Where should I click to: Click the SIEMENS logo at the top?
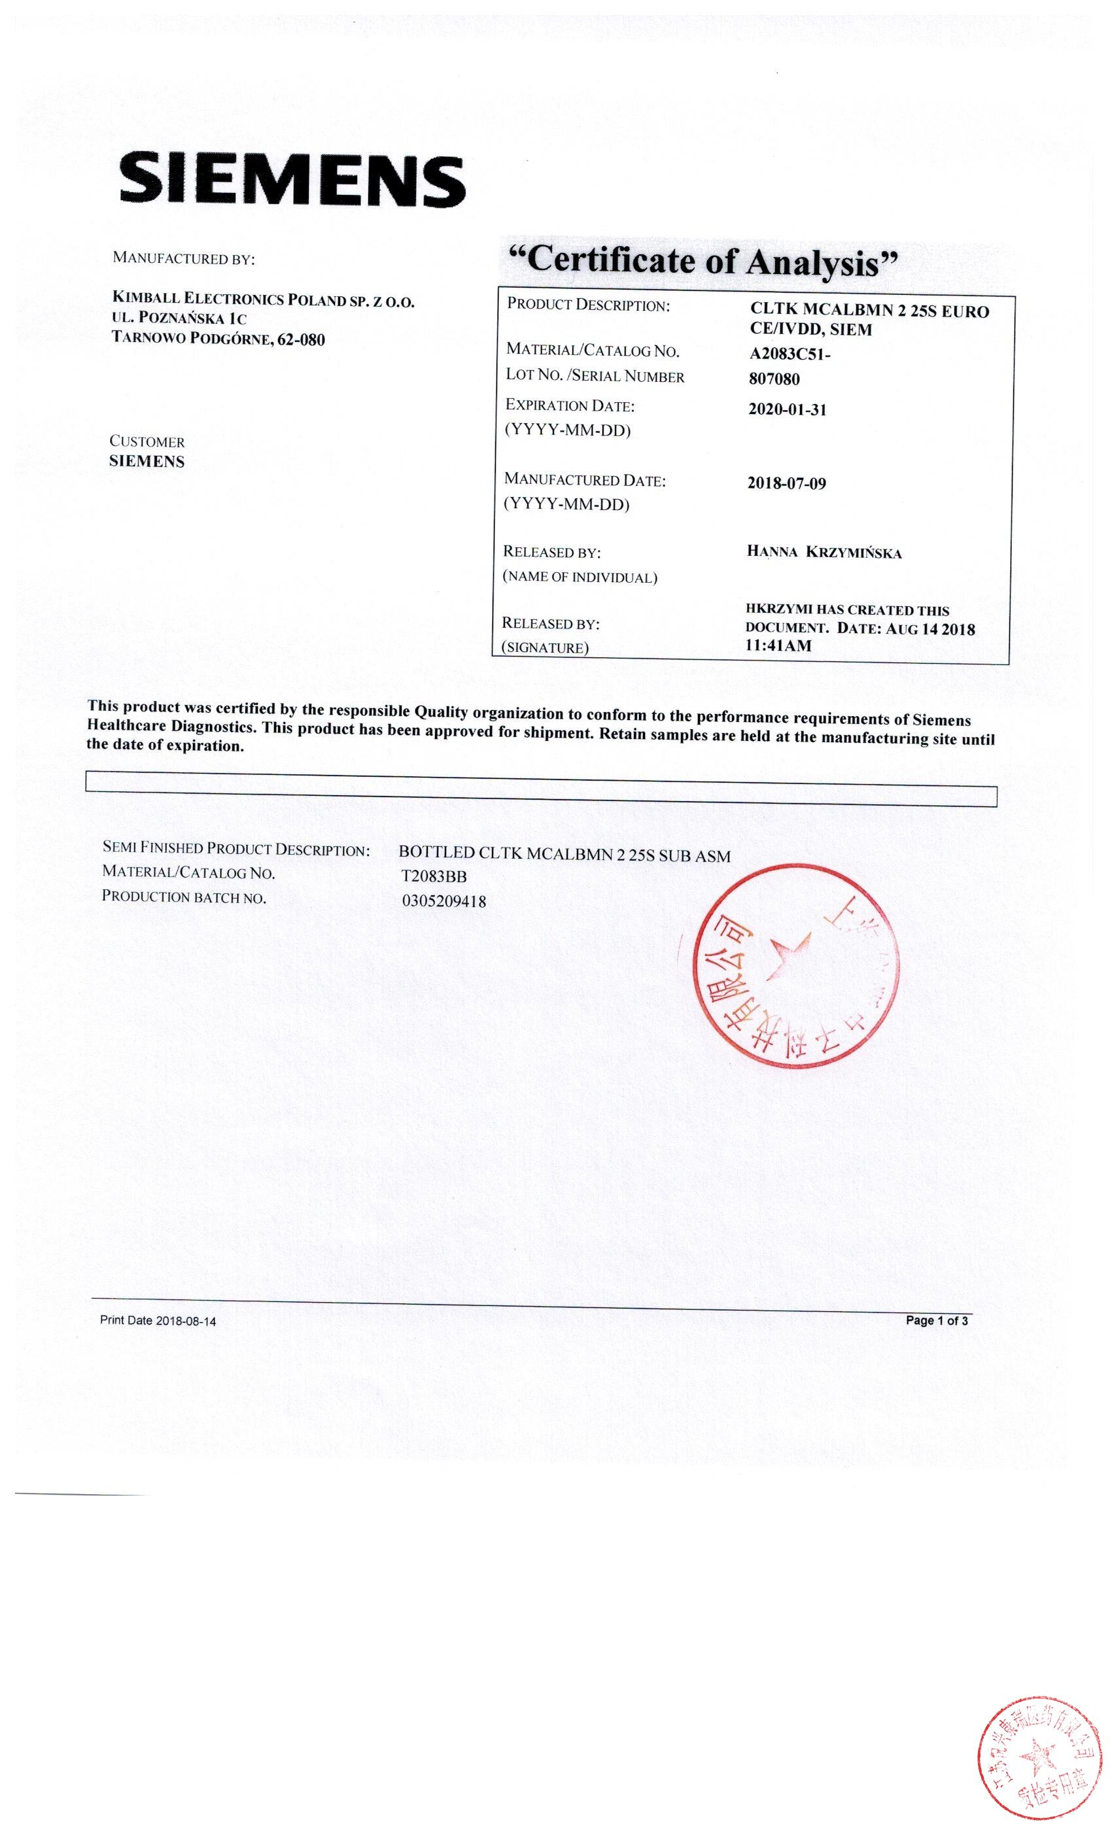coord(292,180)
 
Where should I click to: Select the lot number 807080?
coord(774,379)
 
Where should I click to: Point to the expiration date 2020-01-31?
coord(787,409)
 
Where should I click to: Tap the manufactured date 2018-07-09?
coord(786,484)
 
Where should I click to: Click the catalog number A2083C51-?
coord(790,354)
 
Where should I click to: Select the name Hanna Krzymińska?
coord(824,552)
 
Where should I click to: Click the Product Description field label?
coord(588,305)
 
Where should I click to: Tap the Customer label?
coord(147,441)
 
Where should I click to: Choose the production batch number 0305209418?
coord(443,901)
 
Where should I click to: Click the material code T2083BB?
coord(434,877)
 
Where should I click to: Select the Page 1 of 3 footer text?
coord(936,1320)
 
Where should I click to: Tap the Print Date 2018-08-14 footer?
coord(158,1320)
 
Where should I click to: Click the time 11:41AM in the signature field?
coord(778,646)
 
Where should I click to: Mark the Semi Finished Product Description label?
coord(235,849)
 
